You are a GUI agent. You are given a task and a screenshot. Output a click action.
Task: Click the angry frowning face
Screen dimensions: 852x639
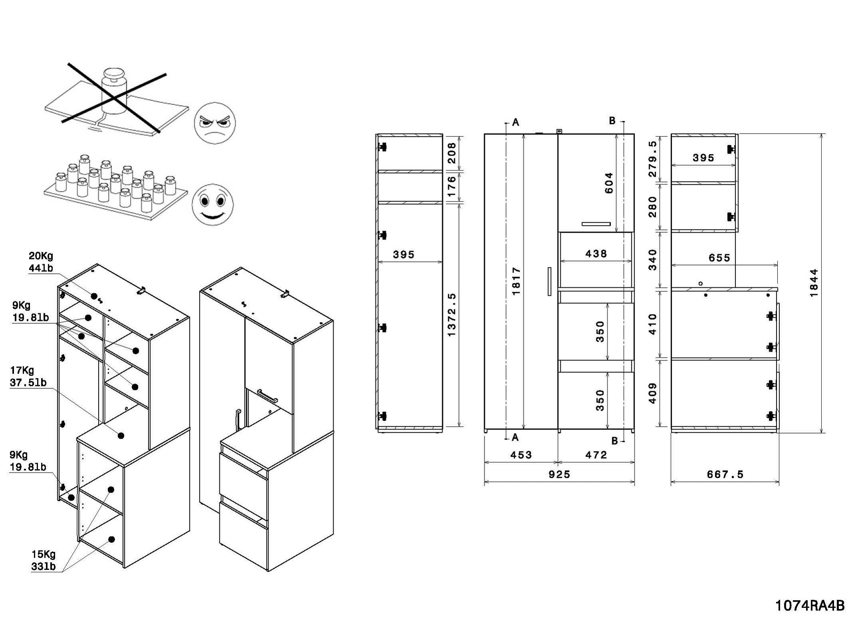pos(214,123)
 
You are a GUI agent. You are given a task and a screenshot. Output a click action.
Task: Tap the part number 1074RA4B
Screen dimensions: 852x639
pos(810,606)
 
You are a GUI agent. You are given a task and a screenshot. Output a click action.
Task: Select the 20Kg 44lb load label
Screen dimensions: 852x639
pos(41,262)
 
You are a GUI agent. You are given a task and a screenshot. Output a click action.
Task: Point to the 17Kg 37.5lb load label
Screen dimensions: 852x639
pos(28,376)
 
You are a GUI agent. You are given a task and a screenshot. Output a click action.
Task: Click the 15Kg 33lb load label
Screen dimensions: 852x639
pos(44,560)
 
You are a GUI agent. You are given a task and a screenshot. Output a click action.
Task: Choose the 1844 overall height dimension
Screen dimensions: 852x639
pos(814,283)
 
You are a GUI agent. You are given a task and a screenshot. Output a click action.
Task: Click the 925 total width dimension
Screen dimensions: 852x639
pos(559,474)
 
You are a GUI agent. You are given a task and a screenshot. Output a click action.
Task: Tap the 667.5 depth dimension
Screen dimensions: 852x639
pos(725,474)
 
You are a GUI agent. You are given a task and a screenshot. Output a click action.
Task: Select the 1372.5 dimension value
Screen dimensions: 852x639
pos(452,315)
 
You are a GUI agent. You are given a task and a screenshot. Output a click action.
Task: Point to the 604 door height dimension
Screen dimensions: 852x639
pos(609,183)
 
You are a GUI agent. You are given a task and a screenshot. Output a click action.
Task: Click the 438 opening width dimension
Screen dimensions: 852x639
pos(596,254)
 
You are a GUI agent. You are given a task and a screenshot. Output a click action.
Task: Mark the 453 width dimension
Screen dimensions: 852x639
pos(521,455)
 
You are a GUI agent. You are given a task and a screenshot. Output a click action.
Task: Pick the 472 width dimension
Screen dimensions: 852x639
pos(596,455)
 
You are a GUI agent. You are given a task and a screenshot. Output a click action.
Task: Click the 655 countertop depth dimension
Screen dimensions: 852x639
pos(719,258)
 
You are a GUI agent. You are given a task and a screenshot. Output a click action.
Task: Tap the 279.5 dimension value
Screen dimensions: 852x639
pos(652,159)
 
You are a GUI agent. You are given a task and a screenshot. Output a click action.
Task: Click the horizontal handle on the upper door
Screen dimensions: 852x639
pos(596,224)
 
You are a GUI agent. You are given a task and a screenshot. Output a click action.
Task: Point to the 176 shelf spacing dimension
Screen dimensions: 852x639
pos(452,186)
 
